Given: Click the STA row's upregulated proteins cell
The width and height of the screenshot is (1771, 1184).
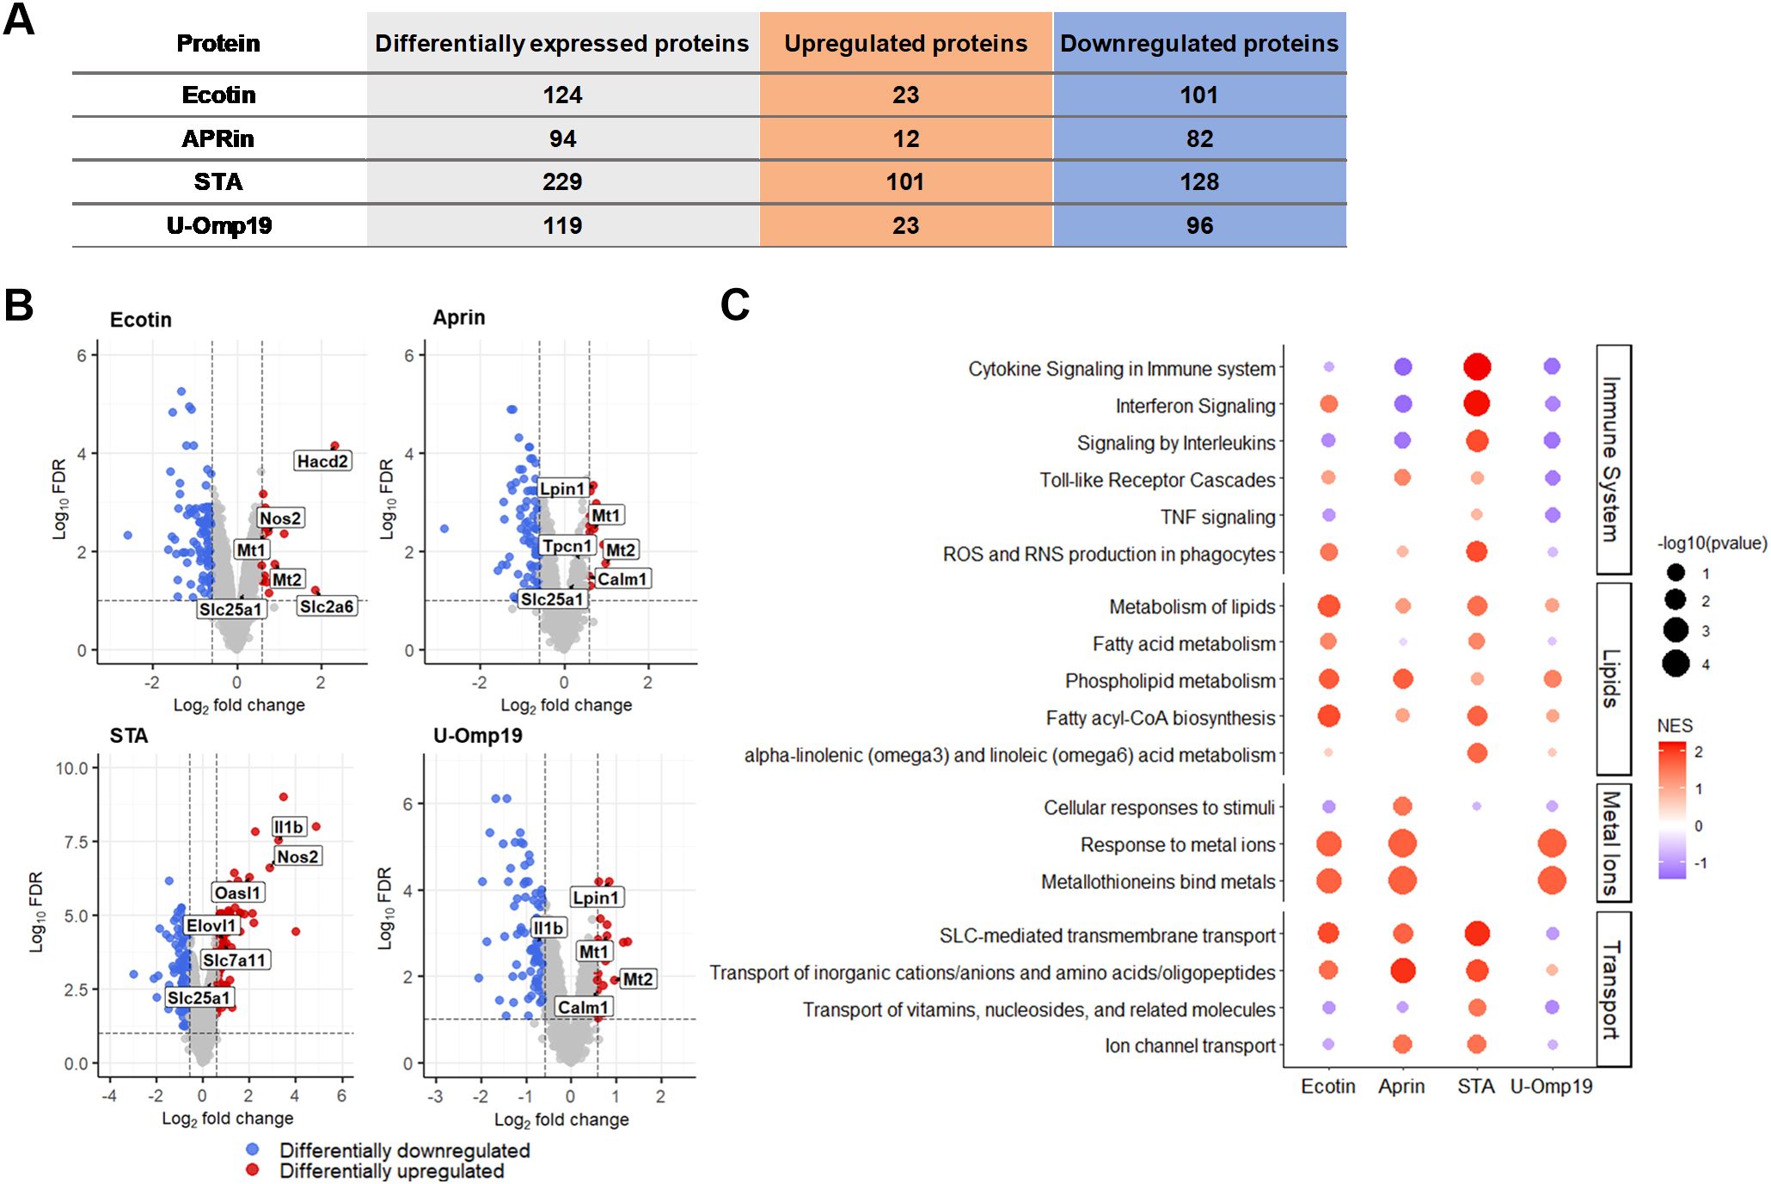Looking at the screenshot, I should click(x=905, y=182).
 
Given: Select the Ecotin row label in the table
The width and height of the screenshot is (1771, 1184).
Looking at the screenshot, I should click(x=218, y=95).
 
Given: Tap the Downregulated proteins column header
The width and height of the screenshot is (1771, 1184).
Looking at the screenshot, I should click(x=1198, y=44).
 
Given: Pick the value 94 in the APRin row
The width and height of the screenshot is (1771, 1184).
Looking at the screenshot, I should click(x=562, y=139).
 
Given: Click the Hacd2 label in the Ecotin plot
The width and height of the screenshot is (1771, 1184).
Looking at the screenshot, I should click(x=322, y=462).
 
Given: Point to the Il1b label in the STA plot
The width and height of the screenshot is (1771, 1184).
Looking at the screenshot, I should click(x=288, y=827).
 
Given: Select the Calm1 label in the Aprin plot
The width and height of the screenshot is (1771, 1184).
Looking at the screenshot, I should click(x=622, y=580).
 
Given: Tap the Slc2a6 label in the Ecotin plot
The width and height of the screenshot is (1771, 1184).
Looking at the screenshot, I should click(x=326, y=607).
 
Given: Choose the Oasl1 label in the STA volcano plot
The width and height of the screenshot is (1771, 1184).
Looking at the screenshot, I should click(x=237, y=893).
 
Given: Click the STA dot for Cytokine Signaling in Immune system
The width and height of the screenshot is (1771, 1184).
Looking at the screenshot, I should click(x=1476, y=367).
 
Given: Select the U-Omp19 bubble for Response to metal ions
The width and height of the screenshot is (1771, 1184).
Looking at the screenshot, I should click(x=1551, y=844).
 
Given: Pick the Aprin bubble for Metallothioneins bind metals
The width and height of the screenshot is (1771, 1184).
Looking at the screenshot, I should click(x=1402, y=880).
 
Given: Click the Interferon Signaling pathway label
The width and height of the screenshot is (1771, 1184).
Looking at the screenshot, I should click(x=1195, y=406).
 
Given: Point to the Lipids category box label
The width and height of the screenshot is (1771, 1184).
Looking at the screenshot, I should click(x=1612, y=678).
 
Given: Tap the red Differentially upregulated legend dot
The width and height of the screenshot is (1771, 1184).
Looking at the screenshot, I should click(x=253, y=1170).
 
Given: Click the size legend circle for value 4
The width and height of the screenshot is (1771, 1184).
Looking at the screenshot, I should click(x=1676, y=664).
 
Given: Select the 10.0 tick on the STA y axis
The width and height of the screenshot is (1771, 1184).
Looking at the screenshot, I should click(x=72, y=768).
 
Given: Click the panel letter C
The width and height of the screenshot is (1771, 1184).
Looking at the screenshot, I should click(x=735, y=305).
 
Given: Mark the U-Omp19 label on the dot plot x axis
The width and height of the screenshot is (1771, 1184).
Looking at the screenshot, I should click(x=1551, y=1087).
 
